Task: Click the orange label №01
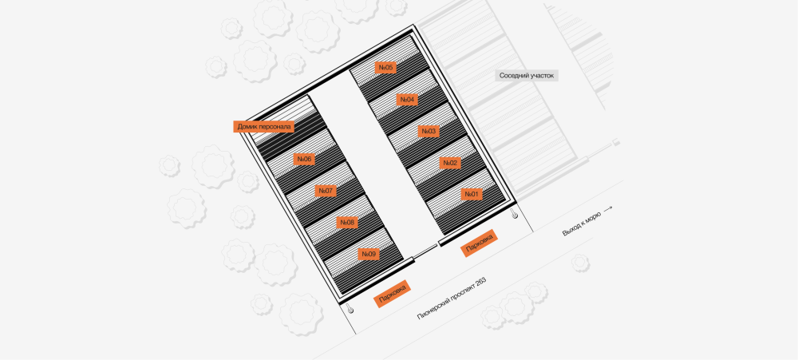[x=471, y=194]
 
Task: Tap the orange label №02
[x=450, y=163]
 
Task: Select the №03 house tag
[x=429, y=131]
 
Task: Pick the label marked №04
[x=407, y=100]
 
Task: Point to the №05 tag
[x=386, y=68]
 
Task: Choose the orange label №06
[x=304, y=159]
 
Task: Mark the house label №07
[x=326, y=191]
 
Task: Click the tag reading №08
[x=347, y=223]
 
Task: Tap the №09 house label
[x=368, y=255]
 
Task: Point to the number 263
[x=478, y=282]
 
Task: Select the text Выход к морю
[x=581, y=221]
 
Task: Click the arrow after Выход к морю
[x=608, y=208]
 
